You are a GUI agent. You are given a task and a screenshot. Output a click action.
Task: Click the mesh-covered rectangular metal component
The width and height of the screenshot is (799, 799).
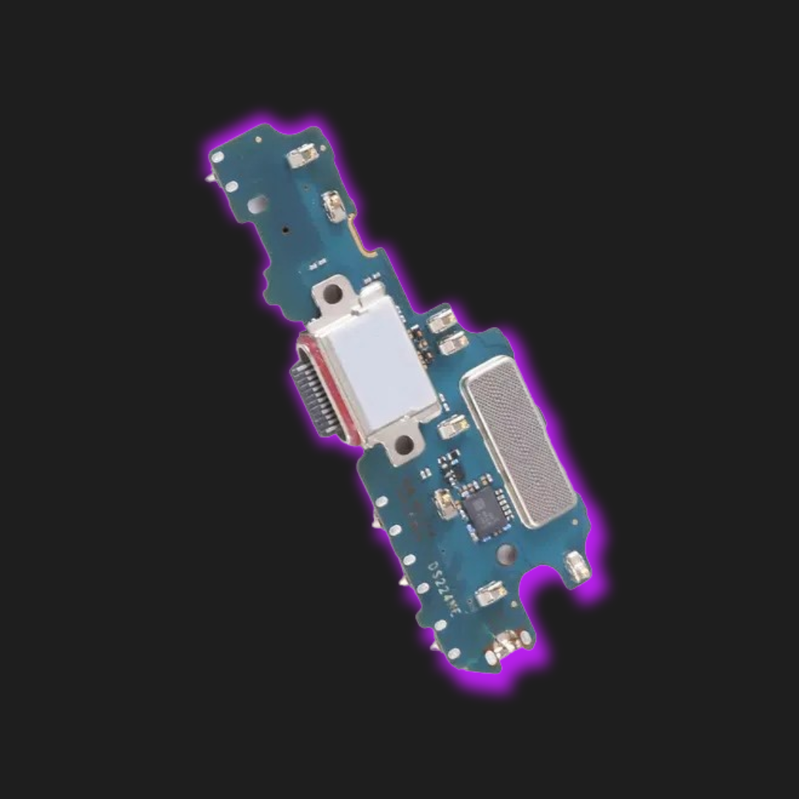pos(518,441)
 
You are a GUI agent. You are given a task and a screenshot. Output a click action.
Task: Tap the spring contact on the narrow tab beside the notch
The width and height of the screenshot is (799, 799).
pos(575,565)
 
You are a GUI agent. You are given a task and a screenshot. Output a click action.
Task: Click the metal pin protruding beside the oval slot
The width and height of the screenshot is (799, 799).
pos(209,179)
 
